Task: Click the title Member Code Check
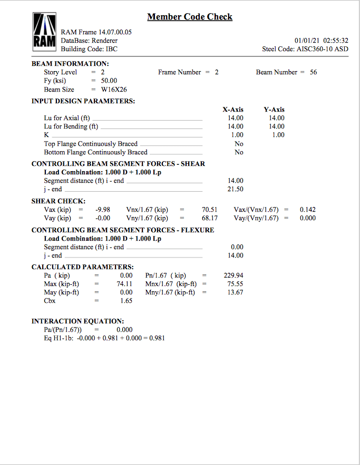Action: [190, 17]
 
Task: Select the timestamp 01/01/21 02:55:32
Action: [321, 41]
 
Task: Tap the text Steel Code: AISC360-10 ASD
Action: [305, 49]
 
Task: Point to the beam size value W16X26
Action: [114, 90]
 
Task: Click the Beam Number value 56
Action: [313, 72]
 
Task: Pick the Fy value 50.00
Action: [109, 81]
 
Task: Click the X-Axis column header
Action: [233, 110]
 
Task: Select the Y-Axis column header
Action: [274, 110]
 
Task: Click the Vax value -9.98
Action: [103, 210]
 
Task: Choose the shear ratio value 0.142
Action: [308, 210]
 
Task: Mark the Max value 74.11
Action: [124, 284]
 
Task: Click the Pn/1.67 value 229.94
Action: [233, 275]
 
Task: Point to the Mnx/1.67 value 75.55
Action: [235, 284]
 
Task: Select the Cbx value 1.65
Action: [126, 301]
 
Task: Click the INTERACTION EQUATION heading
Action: [77, 321]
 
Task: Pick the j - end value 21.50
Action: [235, 189]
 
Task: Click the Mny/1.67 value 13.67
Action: [235, 292]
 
